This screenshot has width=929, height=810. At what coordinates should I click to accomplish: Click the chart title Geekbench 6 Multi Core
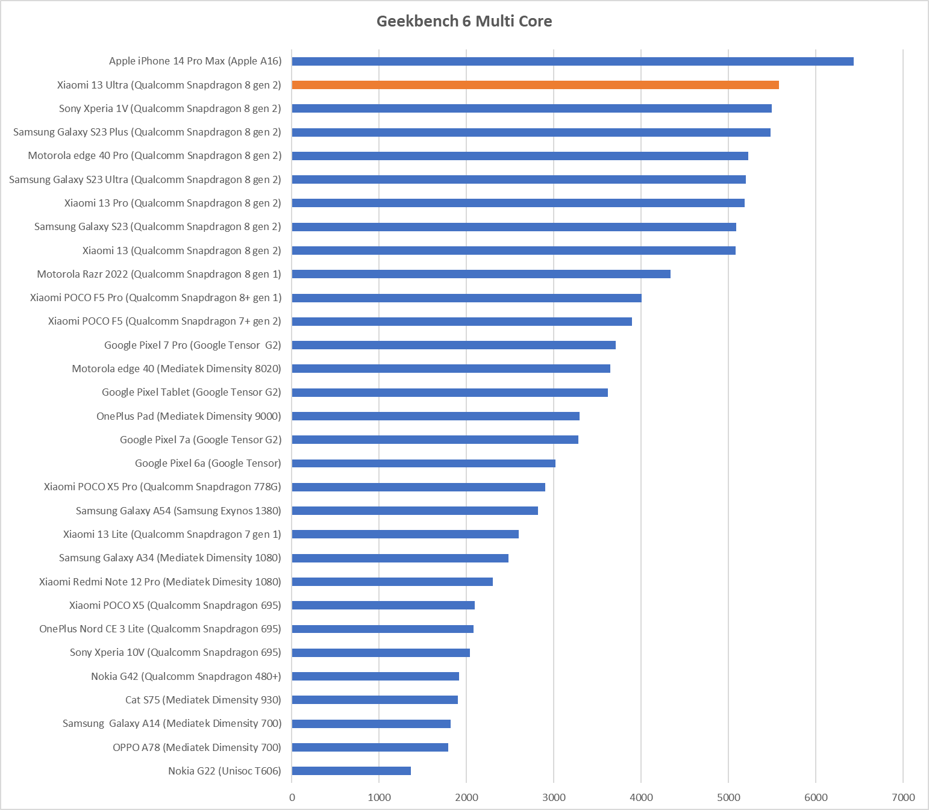click(464, 21)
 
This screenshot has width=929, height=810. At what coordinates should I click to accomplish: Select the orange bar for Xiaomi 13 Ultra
click(535, 85)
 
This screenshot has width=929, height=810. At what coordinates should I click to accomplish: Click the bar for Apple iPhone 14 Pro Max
click(572, 61)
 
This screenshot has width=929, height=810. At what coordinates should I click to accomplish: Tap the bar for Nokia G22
click(351, 771)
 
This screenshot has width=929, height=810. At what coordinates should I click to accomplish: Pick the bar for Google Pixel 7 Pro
click(454, 345)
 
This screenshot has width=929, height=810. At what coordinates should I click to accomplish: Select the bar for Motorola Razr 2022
click(481, 274)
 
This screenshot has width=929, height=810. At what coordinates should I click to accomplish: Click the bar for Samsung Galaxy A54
click(414, 511)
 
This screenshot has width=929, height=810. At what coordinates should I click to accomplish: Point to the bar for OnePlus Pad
click(436, 416)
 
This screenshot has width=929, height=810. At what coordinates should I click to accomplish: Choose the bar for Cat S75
click(375, 700)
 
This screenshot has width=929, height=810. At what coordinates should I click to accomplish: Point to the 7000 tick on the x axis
click(903, 797)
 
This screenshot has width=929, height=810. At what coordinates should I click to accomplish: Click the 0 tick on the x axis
click(292, 797)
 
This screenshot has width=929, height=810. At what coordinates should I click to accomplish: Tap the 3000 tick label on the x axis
click(554, 797)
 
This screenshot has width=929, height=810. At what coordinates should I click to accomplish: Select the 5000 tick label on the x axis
click(728, 797)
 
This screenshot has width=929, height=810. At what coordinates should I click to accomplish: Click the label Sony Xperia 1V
click(170, 108)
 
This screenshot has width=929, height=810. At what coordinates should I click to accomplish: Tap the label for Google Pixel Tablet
click(191, 392)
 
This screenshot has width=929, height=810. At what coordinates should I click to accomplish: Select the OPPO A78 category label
click(196, 747)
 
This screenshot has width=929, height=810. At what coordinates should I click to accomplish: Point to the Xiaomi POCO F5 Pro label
click(155, 298)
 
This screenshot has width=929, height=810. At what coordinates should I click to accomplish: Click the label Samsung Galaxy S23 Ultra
click(145, 179)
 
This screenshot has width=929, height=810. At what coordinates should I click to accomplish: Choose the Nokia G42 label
click(186, 676)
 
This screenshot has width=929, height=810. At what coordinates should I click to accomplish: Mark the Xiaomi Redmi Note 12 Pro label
click(160, 582)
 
